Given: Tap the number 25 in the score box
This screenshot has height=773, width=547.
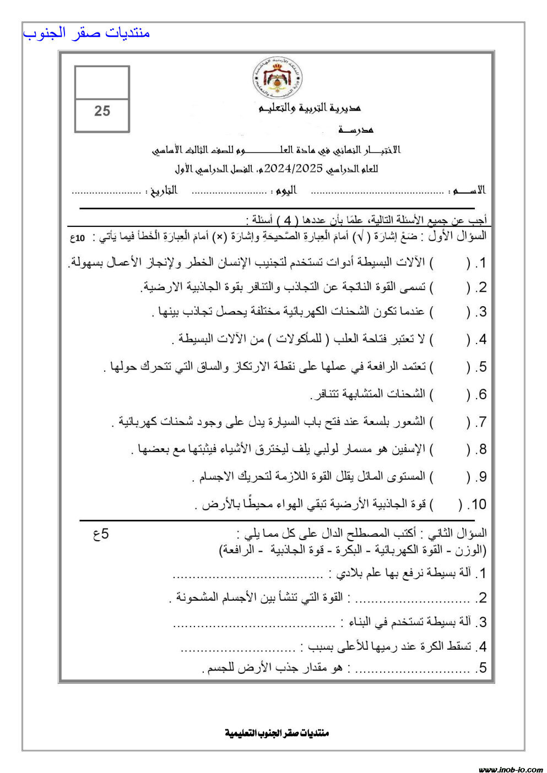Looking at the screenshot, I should pyautogui.click(x=102, y=111).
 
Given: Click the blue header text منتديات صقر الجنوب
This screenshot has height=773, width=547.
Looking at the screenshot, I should pyautogui.click(x=86, y=33).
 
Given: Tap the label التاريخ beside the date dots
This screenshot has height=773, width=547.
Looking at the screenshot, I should pyautogui.click(x=163, y=190).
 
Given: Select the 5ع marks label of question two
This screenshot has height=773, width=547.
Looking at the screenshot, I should pyautogui.click(x=101, y=534).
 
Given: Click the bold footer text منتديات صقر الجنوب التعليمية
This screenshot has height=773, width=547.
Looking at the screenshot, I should pyautogui.click(x=277, y=733).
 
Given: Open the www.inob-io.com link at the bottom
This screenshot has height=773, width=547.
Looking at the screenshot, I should pyautogui.click(x=511, y=769).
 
